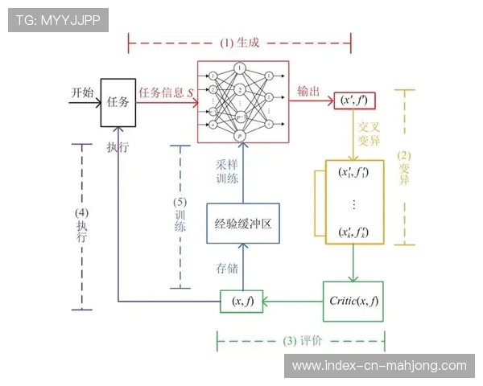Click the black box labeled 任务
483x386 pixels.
click(118, 102)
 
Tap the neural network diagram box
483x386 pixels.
click(242, 101)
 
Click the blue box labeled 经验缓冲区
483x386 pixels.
click(242, 224)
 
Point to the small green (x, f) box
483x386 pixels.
click(242, 302)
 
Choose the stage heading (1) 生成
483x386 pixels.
click(239, 42)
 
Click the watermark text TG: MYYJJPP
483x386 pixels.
click(57, 21)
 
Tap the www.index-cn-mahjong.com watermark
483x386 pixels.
click(378, 366)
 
